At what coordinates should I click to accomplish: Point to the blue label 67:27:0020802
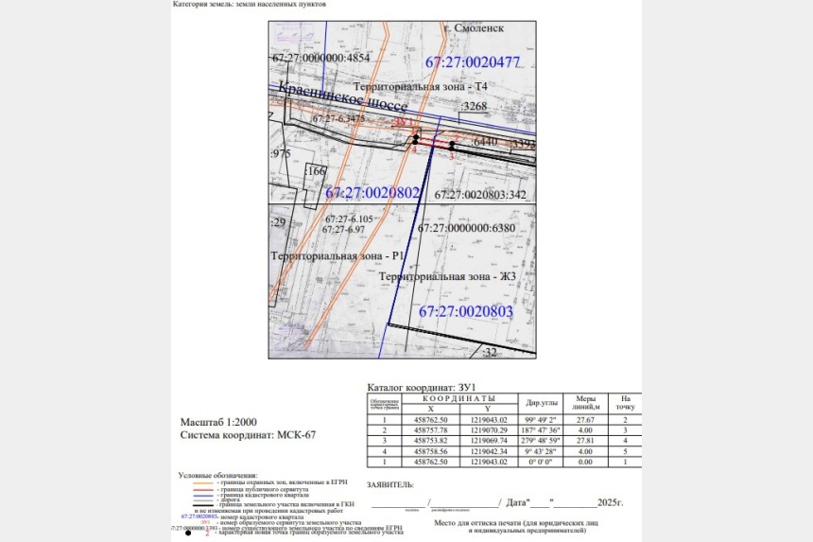[372, 192]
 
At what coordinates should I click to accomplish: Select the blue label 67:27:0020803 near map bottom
[465, 311]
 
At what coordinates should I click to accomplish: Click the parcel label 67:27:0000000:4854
[320, 58]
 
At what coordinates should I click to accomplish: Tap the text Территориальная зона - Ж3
[446, 276]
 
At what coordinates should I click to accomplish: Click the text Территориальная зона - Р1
[338, 256]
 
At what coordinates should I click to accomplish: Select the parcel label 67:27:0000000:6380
[467, 228]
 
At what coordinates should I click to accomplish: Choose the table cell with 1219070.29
[489, 430]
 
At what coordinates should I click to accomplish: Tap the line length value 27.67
[586, 419]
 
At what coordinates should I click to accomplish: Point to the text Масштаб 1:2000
[218, 421]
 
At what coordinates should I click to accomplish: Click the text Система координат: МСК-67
[248, 435]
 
